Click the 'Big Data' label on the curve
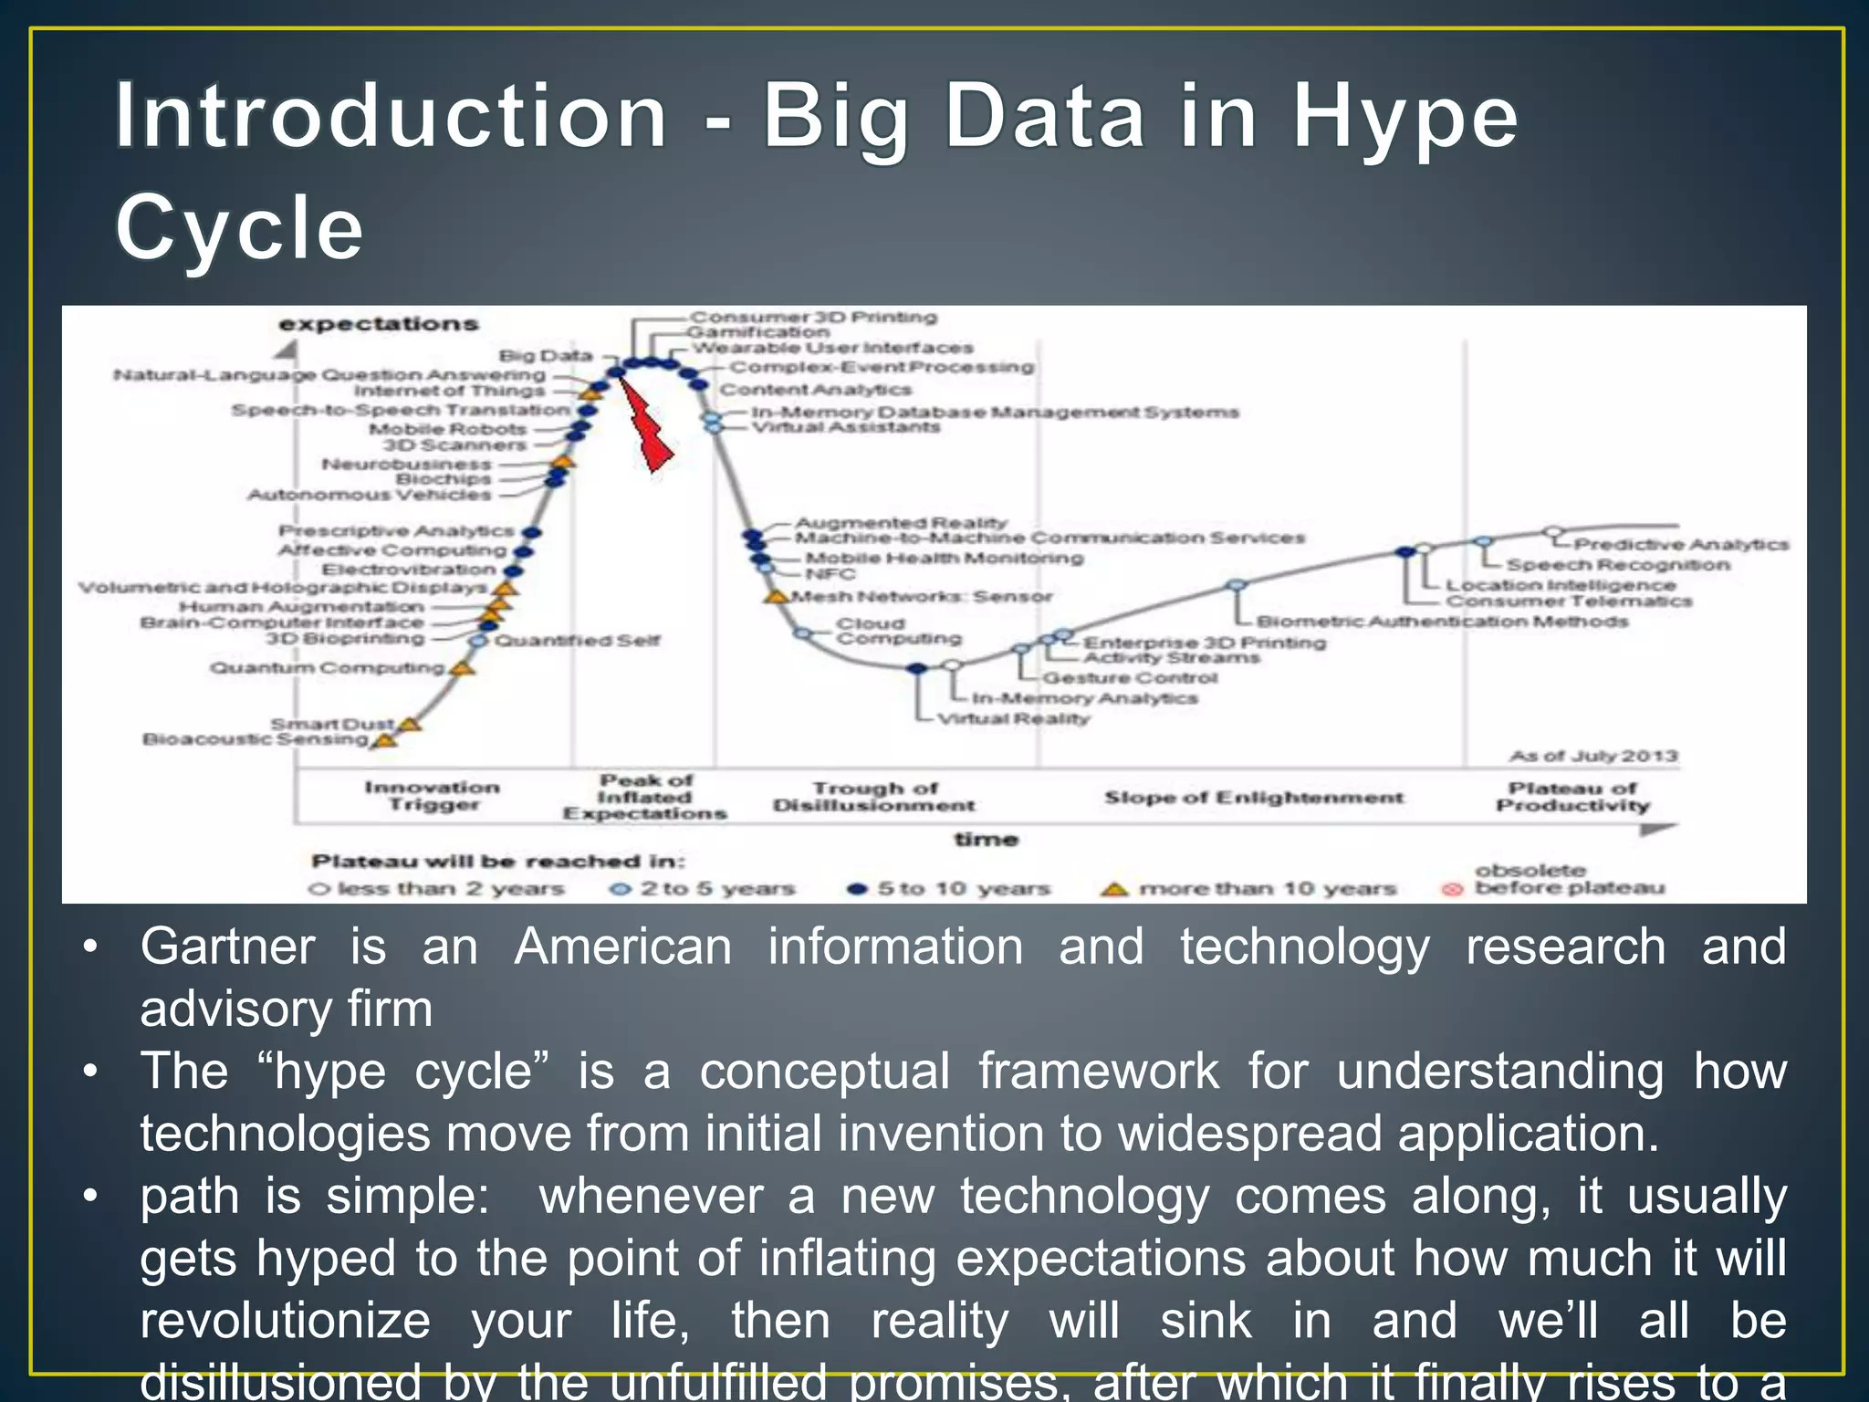click(x=546, y=355)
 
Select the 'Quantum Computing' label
click(x=328, y=667)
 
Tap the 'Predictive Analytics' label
click(x=1681, y=544)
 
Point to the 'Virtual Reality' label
click(x=1014, y=718)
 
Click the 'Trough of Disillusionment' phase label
click(x=874, y=796)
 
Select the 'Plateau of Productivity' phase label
click(x=1572, y=796)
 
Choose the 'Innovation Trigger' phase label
click(x=433, y=795)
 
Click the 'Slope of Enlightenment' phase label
click(x=1253, y=797)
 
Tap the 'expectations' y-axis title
click(x=378, y=324)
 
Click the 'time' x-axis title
click(x=986, y=839)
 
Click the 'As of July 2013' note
click(x=1593, y=756)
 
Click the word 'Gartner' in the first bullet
click(x=227, y=947)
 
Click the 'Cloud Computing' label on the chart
click(x=898, y=631)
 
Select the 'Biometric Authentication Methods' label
click(x=1441, y=622)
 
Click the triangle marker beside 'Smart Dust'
click(x=410, y=724)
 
